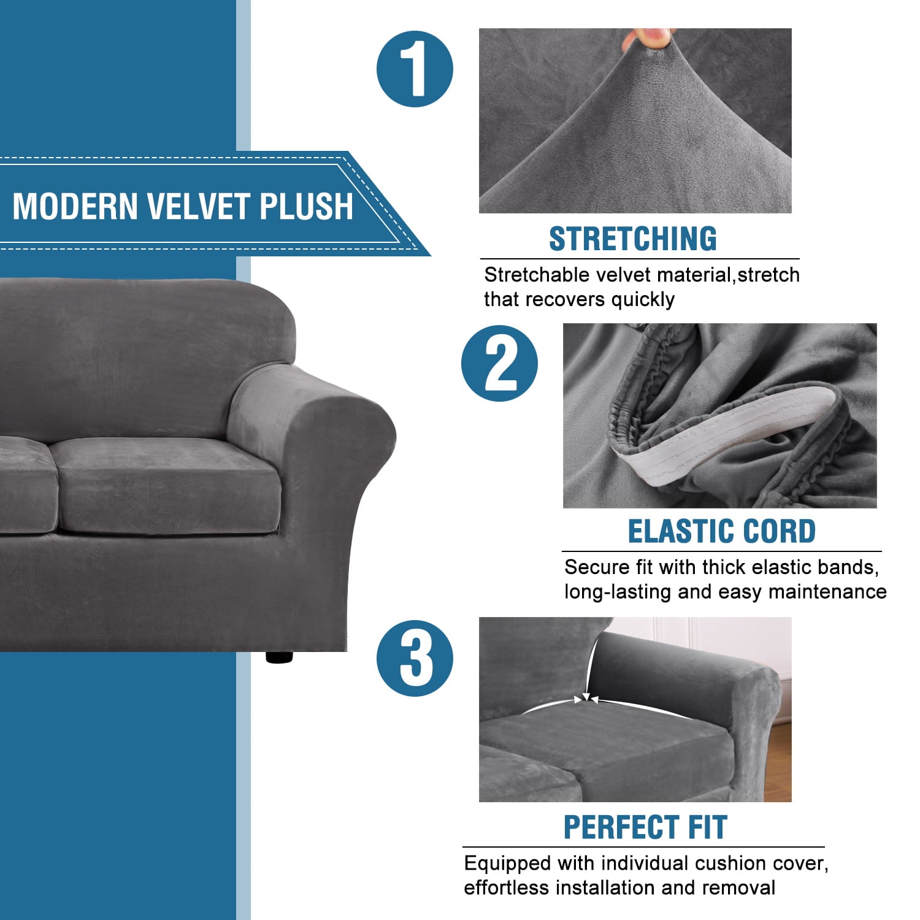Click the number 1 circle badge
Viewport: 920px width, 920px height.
[x=415, y=69]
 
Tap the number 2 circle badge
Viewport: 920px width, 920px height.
[x=499, y=364]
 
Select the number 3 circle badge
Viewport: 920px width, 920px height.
[x=415, y=658]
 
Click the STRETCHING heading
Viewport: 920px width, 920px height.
[x=632, y=239]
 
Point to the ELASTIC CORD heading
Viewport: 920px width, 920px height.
[x=721, y=531]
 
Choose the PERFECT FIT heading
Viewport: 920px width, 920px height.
[x=645, y=827]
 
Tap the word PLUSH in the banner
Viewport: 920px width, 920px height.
[x=306, y=206]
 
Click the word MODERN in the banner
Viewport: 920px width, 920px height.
[x=75, y=206]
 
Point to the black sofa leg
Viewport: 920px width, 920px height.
[x=280, y=656]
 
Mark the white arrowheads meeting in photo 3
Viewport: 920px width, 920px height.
[x=587, y=699]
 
